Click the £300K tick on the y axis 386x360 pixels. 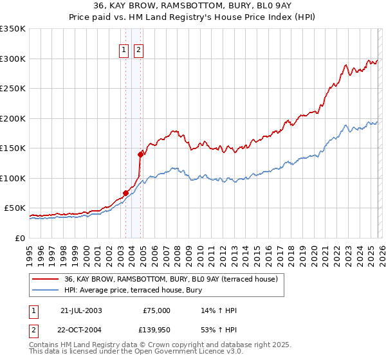click(x=13, y=59)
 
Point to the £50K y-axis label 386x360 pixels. click(x=15, y=208)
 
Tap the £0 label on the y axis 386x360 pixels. click(x=21, y=238)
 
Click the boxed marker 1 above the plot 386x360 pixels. click(x=124, y=51)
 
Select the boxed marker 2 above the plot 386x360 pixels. click(x=138, y=51)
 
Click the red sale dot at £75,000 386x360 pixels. click(x=125, y=192)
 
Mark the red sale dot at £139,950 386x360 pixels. click(x=140, y=154)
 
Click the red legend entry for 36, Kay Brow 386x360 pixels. click(x=170, y=279)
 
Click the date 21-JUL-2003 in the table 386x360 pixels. click(x=81, y=310)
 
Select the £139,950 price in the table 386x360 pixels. click(x=156, y=328)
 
